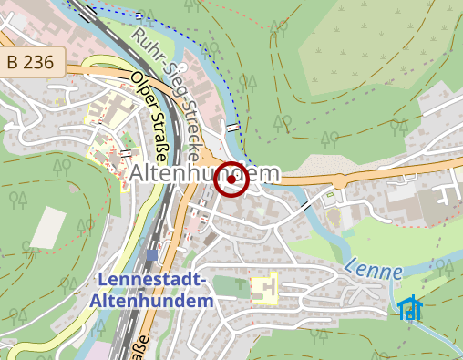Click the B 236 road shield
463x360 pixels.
pyautogui.click(x=34, y=63)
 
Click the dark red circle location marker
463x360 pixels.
pyautogui.click(x=231, y=180)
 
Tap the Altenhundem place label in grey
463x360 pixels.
pyautogui.click(x=204, y=173)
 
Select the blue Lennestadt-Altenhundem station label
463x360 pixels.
pyautogui.click(x=153, y=290)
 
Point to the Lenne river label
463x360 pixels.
pyautogui.click(x=374, y=271)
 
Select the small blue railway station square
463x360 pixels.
pyautogui.click(x=149, y=253)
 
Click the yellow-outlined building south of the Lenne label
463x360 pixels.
pyautogui.click(x=263, y=291)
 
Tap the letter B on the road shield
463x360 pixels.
pyautogui.click(x=14, y=63)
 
